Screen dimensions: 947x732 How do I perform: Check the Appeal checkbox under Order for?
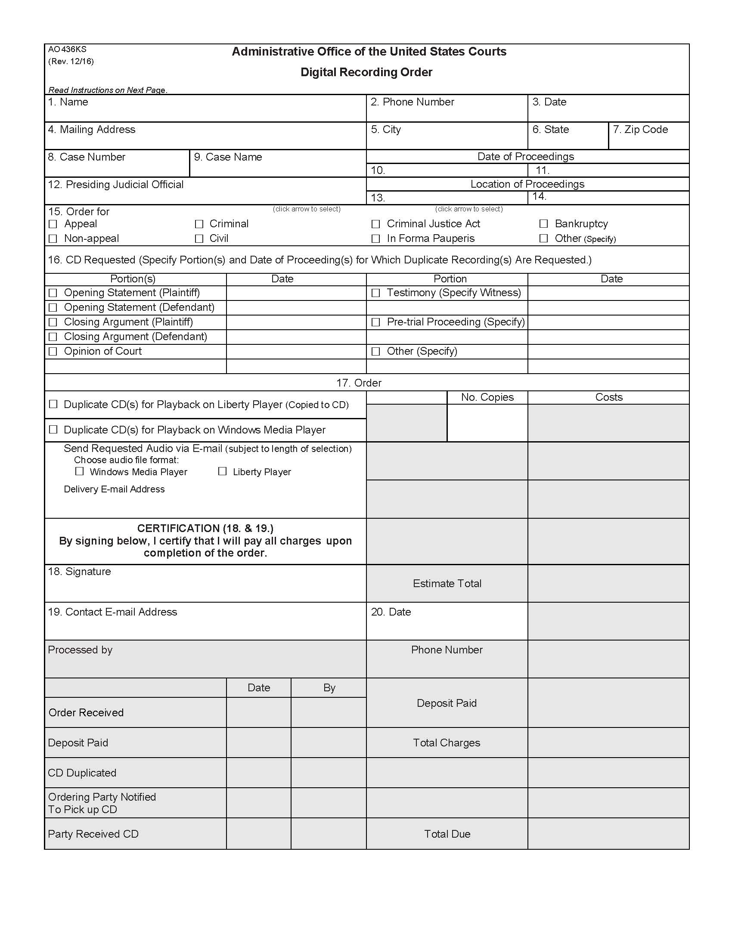(x=53, y=224)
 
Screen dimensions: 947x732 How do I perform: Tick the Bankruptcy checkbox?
(x=543, y=224)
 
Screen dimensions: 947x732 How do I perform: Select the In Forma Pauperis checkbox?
(x=375, y=238)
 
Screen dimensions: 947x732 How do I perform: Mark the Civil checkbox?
(x=199, y=238)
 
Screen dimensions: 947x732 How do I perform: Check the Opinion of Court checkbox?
(x=53, y=351)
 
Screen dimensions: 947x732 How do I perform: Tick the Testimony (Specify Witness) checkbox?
(x=375, y=293)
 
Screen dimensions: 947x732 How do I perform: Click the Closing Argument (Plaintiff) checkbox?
(x=53, y=322)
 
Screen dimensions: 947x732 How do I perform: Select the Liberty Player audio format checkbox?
(x=222, y=471)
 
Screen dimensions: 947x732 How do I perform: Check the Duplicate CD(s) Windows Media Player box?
(x=53, y=430)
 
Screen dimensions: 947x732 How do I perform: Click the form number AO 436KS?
(x=67, y=50)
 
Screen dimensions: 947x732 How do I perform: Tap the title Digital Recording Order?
(x=366, y=72)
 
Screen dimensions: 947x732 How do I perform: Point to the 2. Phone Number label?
(x=412, y=102)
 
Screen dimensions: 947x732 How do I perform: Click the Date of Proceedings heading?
(x=526, y=157)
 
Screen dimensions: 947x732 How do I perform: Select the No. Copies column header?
(x=487, y=397)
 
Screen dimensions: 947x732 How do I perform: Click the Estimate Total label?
(x=447, y=584)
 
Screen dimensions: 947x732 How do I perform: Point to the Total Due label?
(x=447, y=834)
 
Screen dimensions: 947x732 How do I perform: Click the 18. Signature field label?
(x=79, y=572)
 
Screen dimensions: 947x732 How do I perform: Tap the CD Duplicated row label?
(x=82, y=773)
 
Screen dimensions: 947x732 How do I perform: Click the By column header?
(x=329, y=688)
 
